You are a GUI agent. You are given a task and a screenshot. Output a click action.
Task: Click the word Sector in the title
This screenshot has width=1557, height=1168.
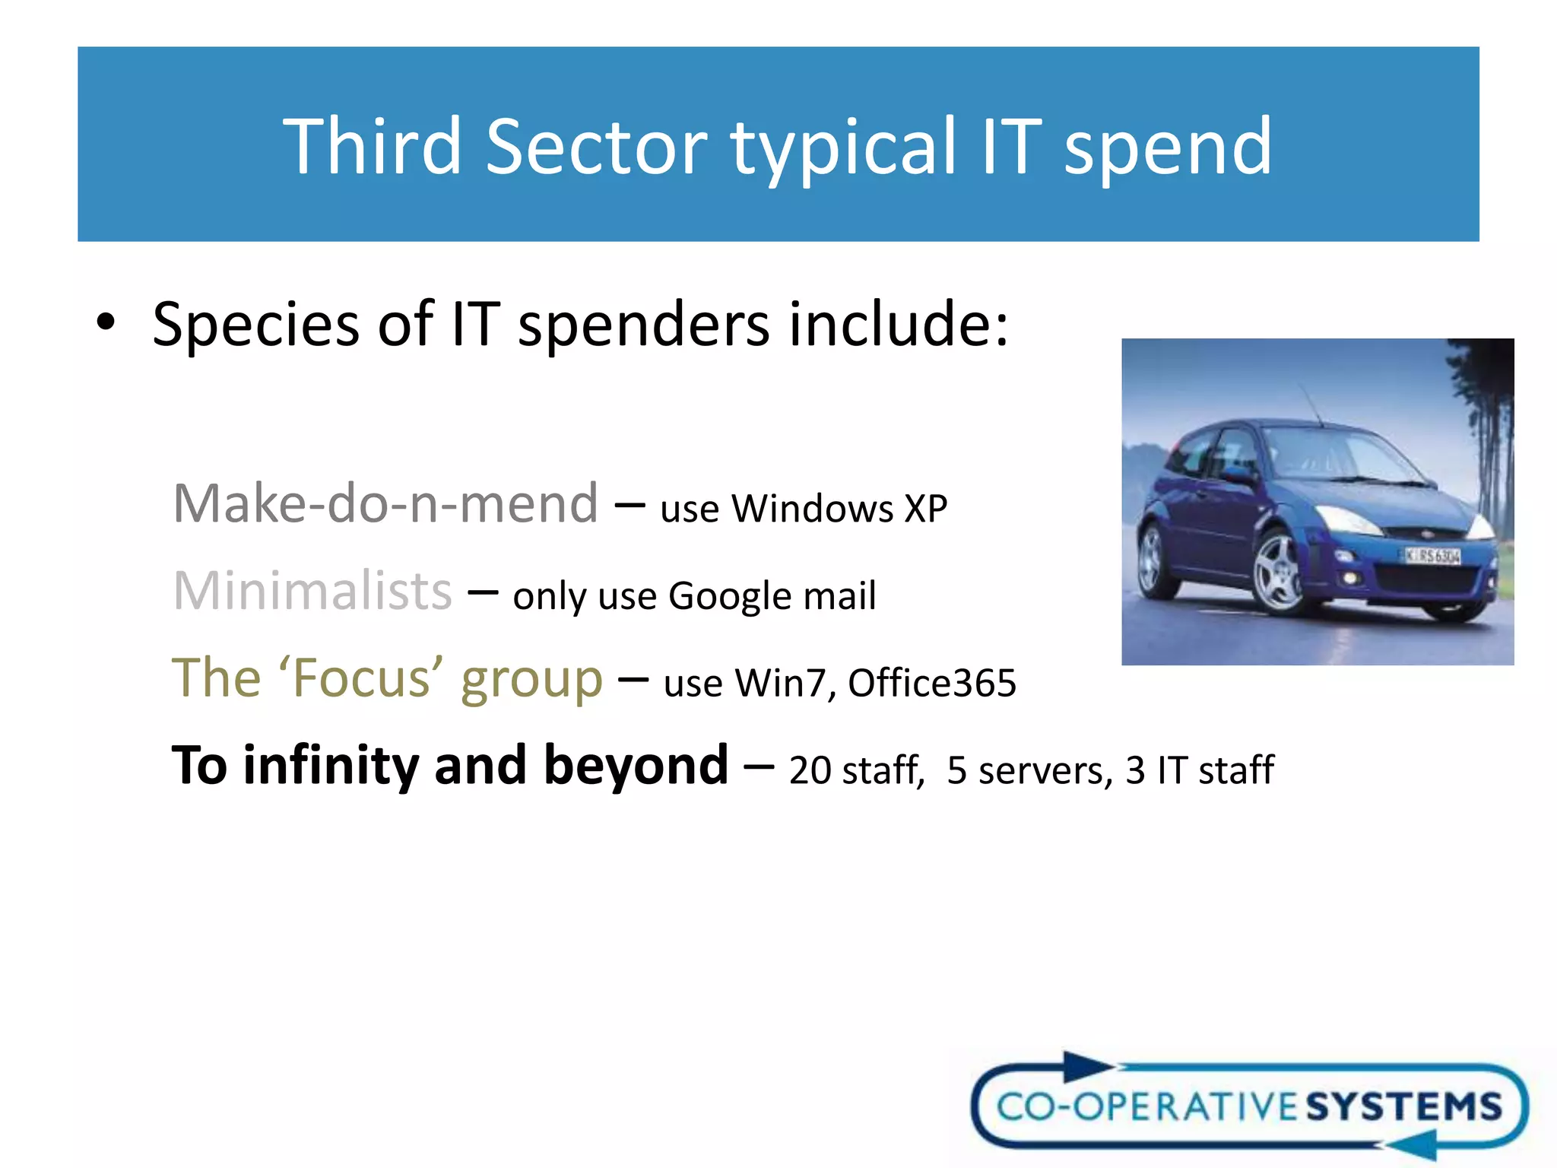click(597, 146)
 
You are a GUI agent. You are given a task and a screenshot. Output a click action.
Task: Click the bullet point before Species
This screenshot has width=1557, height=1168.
click(106, 322)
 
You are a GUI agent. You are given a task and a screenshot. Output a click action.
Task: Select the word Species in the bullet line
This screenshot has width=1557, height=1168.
click(255, 325)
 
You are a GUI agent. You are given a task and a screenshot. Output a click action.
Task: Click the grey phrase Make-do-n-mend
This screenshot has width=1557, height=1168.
click(385, 504)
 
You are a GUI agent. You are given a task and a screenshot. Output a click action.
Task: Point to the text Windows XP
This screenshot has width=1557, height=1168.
click(839, 509)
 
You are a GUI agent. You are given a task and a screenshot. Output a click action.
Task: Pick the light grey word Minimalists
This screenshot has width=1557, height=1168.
click(312, 591)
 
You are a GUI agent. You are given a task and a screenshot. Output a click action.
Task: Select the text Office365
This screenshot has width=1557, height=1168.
click(931, 683)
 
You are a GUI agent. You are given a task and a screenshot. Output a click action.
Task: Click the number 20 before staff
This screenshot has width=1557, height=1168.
click(810, 770)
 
